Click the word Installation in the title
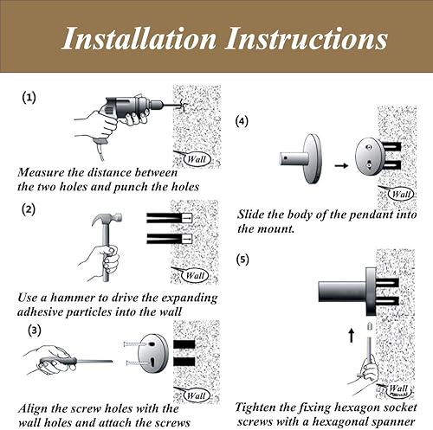tap(139, 38)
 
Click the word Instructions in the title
tap(307, 38)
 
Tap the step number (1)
tap(29, 98)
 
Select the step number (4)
tap(242, 121)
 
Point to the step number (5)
tap(242, 260)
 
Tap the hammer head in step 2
tap(107, 220)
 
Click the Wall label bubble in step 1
tap(197, 159)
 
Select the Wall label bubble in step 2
tap(195, 275)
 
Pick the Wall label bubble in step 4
tap(401, 194)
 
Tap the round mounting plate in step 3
tap(152, 355)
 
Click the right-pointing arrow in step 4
tap(341, 165)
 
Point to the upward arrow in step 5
tap(352, 335)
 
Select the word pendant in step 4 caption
tap(371, 215)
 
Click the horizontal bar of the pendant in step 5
tap(342, 292)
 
